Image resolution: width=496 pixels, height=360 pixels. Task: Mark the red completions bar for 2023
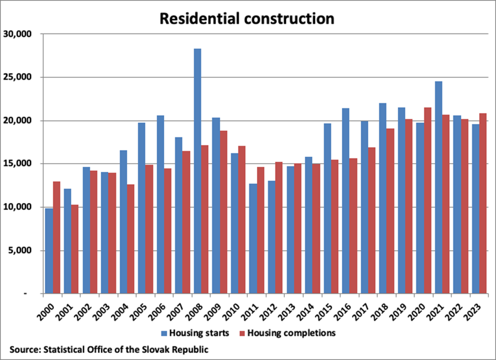click(x=483, y=203)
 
